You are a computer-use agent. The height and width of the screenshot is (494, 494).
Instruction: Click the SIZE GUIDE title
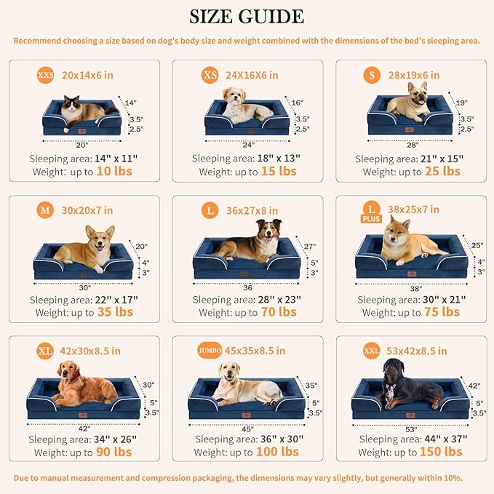pyautogui.click(x=247, y=16)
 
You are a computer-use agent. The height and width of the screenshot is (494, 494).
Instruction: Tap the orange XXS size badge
pyautogui.click(x=45, y=75)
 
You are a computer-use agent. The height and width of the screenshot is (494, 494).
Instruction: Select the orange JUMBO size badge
pyautogui.click(x=209, y=350)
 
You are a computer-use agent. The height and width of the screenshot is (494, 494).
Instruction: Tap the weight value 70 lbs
pyautogui.click(x=278, y=311)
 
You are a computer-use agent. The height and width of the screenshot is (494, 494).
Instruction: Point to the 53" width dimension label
pyautogui.click(x=411, y=429)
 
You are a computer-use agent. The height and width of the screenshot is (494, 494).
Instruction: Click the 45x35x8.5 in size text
pyautogui.click(x=255, y=350)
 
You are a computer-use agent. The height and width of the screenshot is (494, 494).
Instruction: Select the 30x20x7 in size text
pyautogui.click(x=87, y=210)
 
